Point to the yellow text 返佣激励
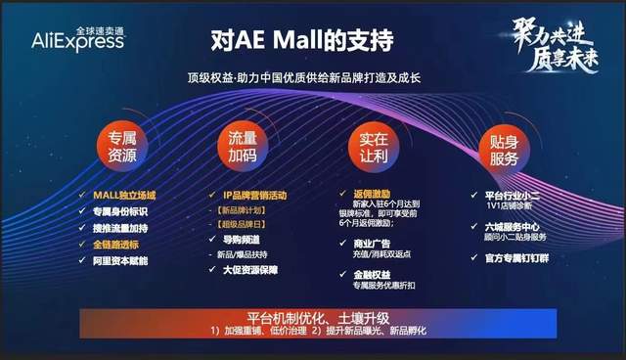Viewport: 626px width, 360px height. (x=376, y=196)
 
